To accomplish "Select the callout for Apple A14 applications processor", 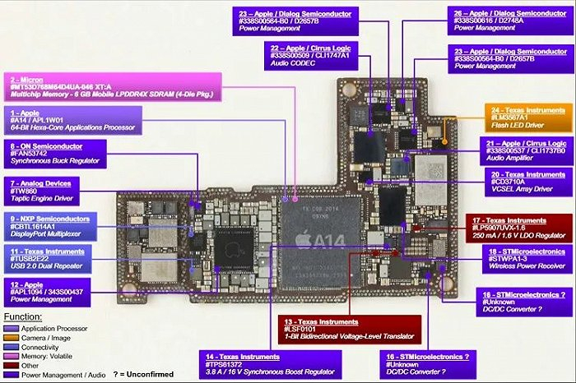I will [57, 120].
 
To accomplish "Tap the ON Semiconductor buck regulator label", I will [57, 154].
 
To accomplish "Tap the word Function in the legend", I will [22, 316].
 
